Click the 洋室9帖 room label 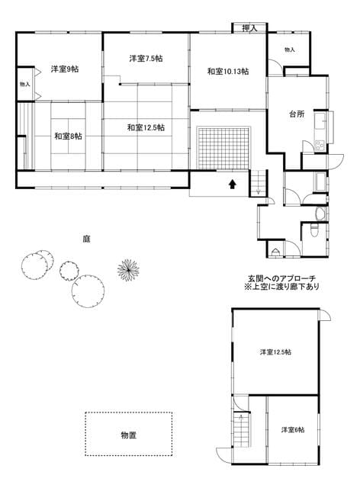pyautogui.click(x=65, y=69)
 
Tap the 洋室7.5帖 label pyautogui.click(x=146, y=58)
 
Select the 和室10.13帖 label pyautogui.click(x=228, y=71)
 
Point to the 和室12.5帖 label pyautogui.click(x=146, y=127)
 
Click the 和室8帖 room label pyautogui.click(x=68, y=136)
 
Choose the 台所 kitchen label pyautogui.click(x=297, y=114)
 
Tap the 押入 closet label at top pyautogui.click(x=249, y=28)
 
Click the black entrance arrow pyautogui.click(x=233, y=185)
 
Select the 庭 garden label pyautogui.click(x=86, y=239)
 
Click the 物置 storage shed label pyautogui.click(x=129, y=435)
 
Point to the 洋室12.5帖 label pyautogui.click(x=275, y=352)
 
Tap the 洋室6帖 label pyautogui.click(x=293, y=430)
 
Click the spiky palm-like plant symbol pyautogui.click(x=128, y=270)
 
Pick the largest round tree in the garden pyautogui.click(x=88, y=291)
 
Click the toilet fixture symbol pyautogui.click(x=314, y=230)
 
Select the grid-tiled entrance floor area pyautogui.click(x=223, y=147)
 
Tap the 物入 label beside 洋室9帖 pyautogui.click(x=25, y=84)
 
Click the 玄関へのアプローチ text pyautogui.click(x=281, y=278)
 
